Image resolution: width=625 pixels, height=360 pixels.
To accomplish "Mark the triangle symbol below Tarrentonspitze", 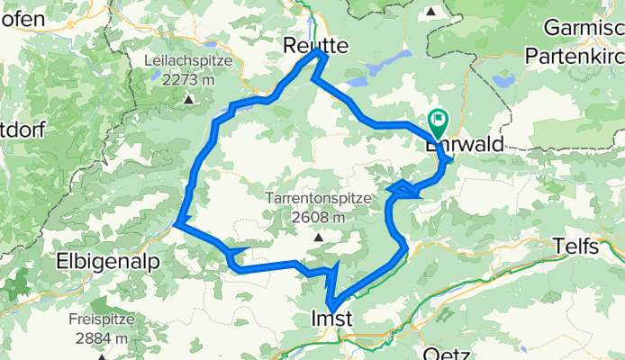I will (x=318, y=238).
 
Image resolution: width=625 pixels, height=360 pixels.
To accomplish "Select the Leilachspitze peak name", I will (x=189, y=60).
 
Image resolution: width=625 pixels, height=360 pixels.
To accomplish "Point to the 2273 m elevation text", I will (x=189, y=79).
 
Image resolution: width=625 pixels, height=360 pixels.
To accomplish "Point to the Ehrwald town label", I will (x=466, y=144).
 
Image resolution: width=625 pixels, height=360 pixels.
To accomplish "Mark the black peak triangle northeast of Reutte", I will (x=431, y=12).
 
